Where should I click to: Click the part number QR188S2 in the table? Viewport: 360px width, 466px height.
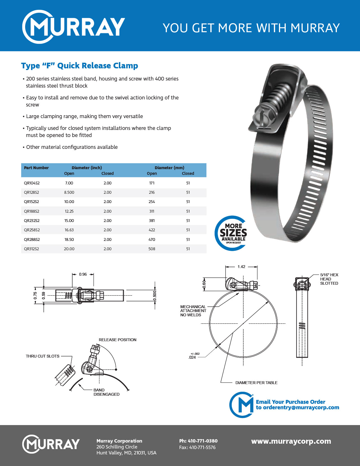32,211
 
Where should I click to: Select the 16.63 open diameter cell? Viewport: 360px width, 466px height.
69,230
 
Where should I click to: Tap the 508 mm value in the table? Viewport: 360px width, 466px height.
152,249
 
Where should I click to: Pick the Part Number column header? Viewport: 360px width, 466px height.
36,168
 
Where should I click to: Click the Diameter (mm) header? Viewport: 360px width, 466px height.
169,168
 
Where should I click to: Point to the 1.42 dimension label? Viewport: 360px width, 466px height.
241,267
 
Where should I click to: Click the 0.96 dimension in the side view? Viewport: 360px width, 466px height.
83,274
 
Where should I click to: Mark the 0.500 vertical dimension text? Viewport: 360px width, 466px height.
155,295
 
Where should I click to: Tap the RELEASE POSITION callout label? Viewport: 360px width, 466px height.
117,340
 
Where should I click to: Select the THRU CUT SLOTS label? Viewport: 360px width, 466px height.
43,356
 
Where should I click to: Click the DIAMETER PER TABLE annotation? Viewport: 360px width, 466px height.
256,383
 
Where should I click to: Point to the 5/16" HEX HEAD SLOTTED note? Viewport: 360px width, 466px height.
329,279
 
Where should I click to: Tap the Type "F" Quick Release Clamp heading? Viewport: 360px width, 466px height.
80,66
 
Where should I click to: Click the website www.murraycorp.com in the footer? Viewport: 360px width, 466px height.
291,441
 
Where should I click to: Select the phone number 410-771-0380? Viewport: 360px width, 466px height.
202,441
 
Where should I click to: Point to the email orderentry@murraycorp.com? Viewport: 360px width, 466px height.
301,408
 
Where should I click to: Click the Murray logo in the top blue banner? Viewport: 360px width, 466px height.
73,27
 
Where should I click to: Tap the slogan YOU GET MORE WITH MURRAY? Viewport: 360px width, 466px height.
251,28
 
